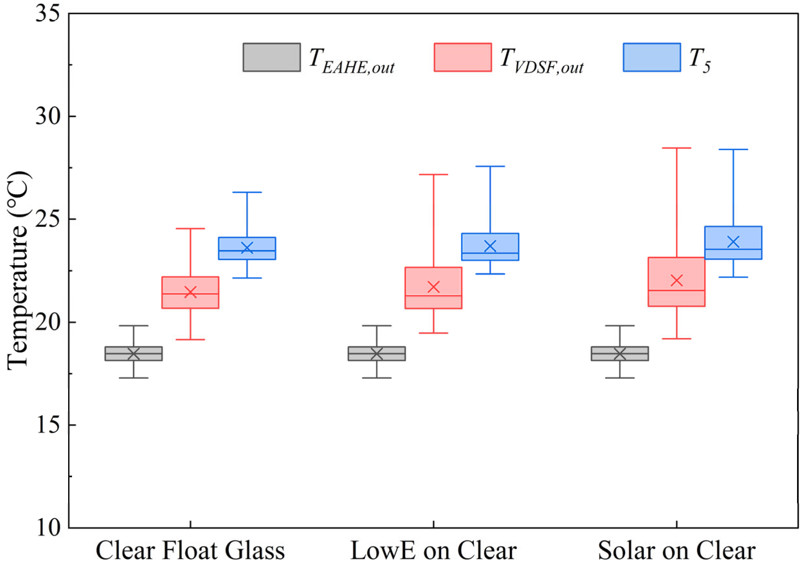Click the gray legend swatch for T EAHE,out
(x=271, y=57)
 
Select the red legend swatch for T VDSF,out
(x=462, y=57)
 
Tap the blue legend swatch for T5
(x=651, y=57)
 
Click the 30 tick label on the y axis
(x=47, y=116)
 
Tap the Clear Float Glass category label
(x=190, y=551)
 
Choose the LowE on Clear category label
(x=433, y=551)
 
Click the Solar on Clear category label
(x=676, y=551)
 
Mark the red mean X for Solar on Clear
(x=676, y=280)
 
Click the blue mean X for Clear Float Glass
(x=247, y=247)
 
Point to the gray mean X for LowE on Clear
(x=377, y=354)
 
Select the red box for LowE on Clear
(x=433, y=278)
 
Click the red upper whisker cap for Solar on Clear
(x=676, y=148)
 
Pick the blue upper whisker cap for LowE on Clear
(x=490, y=166)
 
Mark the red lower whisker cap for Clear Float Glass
(x=190, y=340)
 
